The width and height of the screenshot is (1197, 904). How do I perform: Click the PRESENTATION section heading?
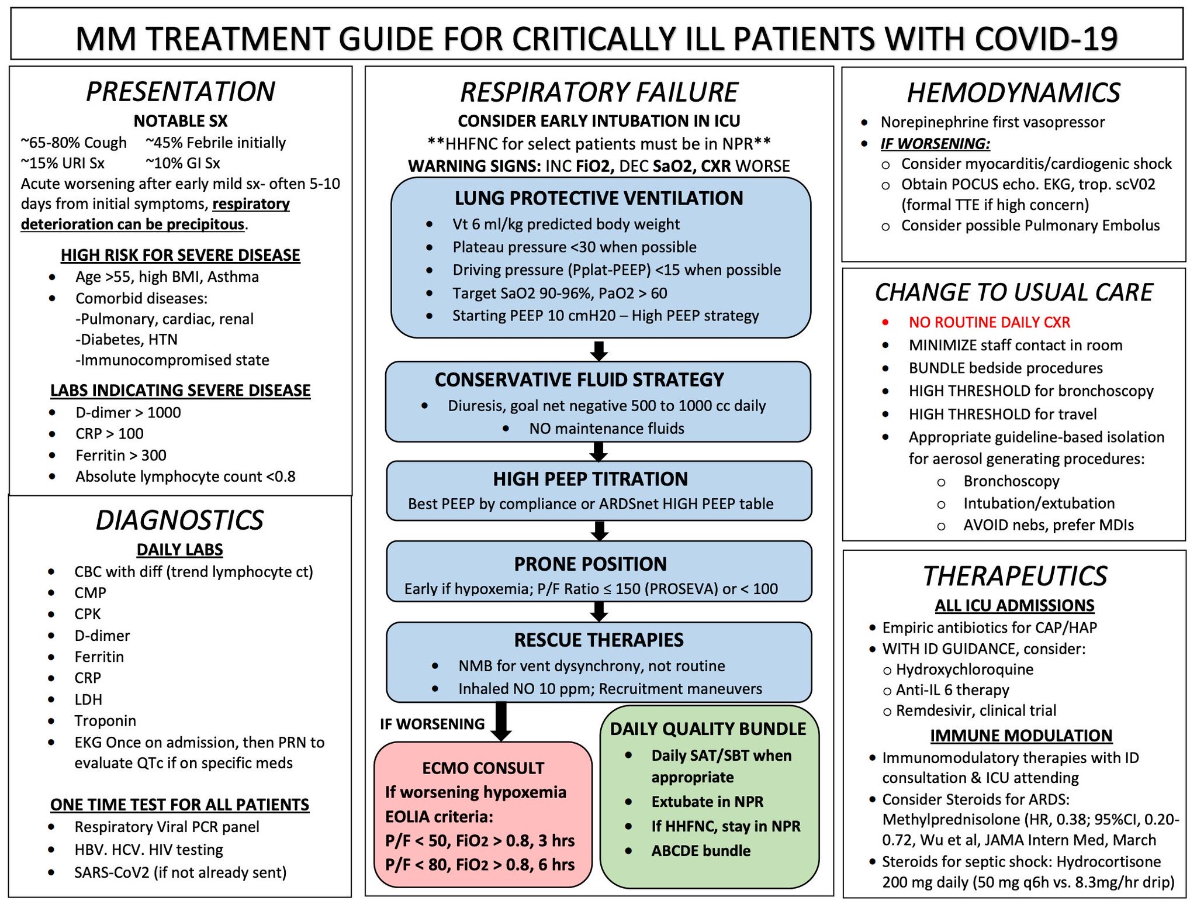click(181, 92)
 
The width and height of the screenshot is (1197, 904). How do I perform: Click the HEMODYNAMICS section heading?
click(1013, 93)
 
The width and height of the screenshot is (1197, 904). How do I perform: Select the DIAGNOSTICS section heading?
click(179, 520)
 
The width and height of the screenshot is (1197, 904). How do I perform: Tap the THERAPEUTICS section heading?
click(1015, 576)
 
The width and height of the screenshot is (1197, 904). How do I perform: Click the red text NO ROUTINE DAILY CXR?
click(990, 322)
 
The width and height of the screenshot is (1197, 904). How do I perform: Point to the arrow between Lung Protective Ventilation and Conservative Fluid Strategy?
click(599, 351)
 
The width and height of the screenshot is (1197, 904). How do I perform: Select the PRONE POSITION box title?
click(590, 564)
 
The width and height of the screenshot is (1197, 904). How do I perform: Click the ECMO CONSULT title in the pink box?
click(483, 768)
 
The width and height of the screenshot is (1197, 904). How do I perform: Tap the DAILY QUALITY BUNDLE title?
click(708, 729)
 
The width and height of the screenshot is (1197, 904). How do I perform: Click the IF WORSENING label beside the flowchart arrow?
click(433, 724)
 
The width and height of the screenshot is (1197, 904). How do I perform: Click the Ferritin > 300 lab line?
click(121, 455)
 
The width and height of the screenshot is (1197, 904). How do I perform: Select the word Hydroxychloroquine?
click(965, 670)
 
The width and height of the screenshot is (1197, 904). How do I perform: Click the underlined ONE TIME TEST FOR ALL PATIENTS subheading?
click(179, 805)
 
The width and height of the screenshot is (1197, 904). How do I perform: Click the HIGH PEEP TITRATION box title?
click(590, 479)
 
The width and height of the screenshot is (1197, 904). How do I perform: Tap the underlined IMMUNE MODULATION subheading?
click(1021, 736)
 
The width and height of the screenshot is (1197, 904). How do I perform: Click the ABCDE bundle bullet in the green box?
click(701, 851)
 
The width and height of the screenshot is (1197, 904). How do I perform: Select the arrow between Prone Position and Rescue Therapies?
click(599, 612)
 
